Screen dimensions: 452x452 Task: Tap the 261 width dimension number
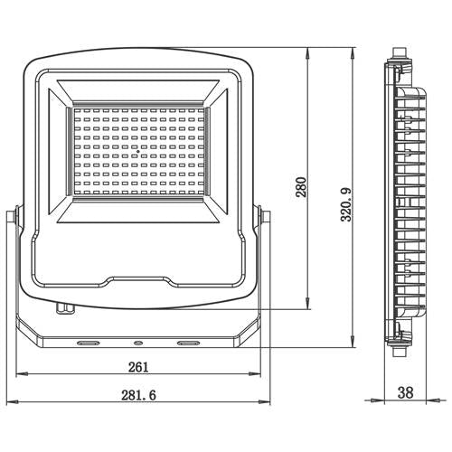click(x=138, y=367)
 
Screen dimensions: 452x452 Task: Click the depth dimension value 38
click(x=406, y=394)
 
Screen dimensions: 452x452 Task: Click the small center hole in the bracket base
click(x=138, y=344)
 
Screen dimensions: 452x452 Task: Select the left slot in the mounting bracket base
click(x=89, y=344)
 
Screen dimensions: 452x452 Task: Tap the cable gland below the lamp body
click(x=64, y=308)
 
